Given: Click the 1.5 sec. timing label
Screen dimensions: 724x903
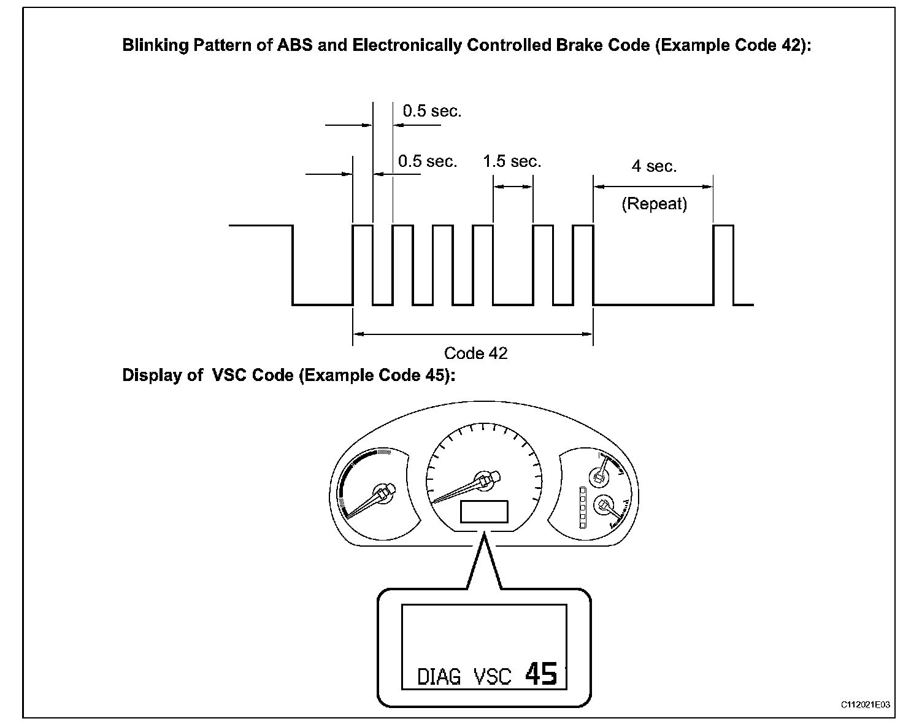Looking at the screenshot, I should coord(512,161).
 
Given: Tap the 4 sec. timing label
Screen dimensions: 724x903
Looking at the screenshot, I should coord(654,166).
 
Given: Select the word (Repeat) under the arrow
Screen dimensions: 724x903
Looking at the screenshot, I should coord(654,204).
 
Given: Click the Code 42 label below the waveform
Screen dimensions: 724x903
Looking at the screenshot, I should coord(475,353).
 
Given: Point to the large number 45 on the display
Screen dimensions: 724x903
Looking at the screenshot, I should coord(540,674).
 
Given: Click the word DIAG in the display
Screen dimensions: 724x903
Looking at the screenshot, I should coord(439,677).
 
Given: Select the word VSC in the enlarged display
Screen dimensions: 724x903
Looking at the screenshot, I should coord(492,677).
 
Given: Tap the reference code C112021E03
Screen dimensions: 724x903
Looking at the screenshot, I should coord(865,706).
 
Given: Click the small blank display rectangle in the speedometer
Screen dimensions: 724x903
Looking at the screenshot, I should coord(484,511).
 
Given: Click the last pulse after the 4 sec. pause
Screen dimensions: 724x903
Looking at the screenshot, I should coord(723,264).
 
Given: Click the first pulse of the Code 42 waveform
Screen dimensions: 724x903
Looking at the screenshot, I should coord(363,264).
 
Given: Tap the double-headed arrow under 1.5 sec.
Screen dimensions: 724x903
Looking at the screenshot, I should coord(513,187).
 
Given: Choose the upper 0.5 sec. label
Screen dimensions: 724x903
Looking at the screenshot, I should coord(432,111).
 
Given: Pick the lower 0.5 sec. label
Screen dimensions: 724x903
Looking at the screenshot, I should coord(428,161).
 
